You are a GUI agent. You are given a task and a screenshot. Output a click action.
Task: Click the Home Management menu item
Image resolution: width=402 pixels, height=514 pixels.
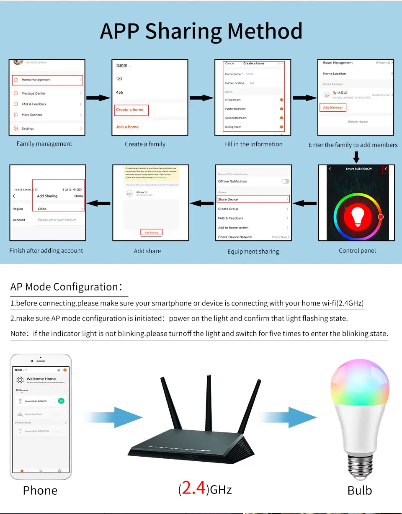coord(36,80)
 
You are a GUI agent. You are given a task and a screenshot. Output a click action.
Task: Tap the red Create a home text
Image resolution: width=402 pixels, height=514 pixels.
coord(130,110)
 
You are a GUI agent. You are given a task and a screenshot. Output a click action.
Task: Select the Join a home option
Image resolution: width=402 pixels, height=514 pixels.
coord(127,127)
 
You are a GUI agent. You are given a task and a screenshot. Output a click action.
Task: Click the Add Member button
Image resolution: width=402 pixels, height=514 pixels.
coord(333,108)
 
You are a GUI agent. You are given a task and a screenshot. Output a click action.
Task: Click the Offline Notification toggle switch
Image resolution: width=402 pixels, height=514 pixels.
coord(285,181)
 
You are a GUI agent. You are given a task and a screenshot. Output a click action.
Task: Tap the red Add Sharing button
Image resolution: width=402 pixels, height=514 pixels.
coord(151,232)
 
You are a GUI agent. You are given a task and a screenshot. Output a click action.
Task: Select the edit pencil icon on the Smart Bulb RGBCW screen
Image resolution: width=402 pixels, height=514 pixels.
coord(386,169)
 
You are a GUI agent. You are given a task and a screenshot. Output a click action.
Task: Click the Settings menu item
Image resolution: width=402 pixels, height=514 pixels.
coord(28,128)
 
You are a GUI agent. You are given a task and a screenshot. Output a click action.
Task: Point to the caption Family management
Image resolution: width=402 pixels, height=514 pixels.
coord(44,144)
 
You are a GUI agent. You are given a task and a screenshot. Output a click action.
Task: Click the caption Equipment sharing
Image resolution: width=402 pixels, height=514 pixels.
coord(253,252)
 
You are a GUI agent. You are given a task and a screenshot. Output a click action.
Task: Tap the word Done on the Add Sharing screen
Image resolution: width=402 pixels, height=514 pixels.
coord(79,196)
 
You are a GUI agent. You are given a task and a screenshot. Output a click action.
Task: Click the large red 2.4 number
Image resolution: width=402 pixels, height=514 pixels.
coord(193,488)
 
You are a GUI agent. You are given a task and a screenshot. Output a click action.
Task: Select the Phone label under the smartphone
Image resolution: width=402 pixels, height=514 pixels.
coord(40,491)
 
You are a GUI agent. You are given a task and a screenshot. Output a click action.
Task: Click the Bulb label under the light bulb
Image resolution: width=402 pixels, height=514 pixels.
coord(360,491)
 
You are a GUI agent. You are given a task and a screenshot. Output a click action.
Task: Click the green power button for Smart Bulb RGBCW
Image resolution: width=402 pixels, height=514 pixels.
coord(61,401)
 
